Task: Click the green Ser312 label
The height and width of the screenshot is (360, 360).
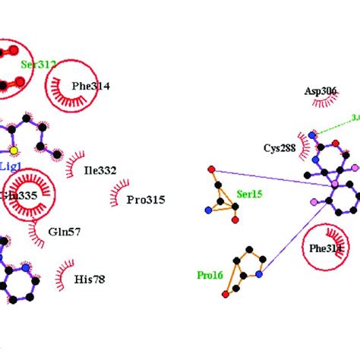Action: pos(39,65)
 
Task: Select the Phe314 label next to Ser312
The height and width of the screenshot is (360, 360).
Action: pos(90,87)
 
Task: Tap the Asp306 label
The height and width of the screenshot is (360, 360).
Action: pos(321,90)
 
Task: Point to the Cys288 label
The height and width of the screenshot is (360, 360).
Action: pos(279,149)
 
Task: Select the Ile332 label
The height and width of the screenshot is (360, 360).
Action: pos(100,171)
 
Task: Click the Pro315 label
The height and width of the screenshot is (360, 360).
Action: pos(145,200)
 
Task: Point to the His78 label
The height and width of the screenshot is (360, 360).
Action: pos(89,279)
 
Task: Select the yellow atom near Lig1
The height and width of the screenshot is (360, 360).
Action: pos(14,150)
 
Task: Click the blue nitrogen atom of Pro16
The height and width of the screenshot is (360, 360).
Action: pos(259,276)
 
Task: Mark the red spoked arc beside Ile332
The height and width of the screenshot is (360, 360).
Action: pos(74,163)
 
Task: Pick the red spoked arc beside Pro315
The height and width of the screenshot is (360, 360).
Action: pos(118,197)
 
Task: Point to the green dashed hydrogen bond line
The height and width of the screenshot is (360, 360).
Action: pos(334,126)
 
